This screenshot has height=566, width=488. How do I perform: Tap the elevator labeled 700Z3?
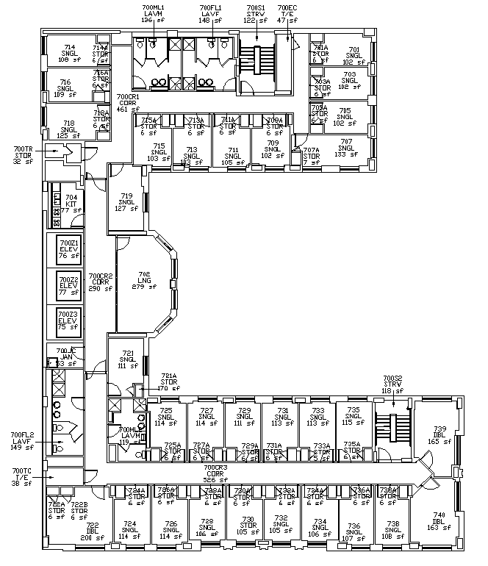(68, 321)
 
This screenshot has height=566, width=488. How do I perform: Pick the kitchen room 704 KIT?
(71, 204)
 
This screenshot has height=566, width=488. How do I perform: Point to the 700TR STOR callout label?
(23, 155)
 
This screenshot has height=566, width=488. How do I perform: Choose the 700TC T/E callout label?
(22, 477)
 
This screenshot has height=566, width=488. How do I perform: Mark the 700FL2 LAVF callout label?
(21, 441)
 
